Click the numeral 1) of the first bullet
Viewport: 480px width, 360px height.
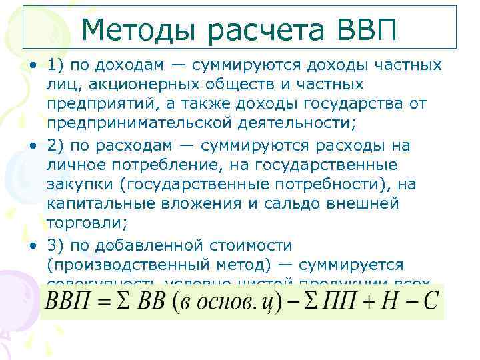point(55,65)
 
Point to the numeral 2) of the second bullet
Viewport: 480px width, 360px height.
point(55,145)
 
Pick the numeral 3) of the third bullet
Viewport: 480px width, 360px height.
point(55,245)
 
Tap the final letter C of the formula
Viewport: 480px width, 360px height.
point(429,301)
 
